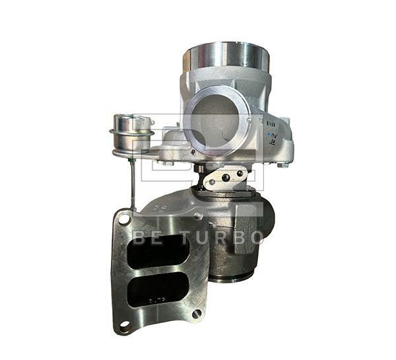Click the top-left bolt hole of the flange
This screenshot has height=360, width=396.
(123, 215)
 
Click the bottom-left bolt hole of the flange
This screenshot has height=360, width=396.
(122, 326)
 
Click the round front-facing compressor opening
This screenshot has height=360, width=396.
(213, 119)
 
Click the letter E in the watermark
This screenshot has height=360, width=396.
(156, 237)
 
